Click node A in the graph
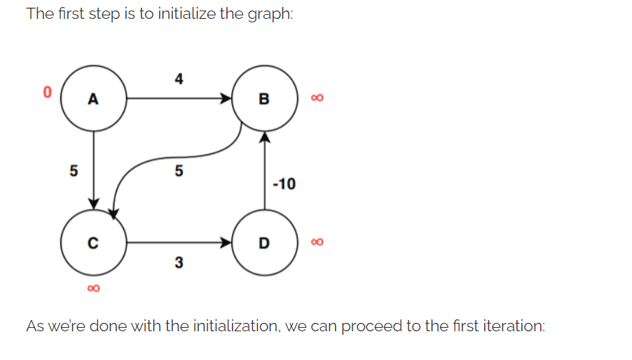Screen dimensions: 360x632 point(93,99)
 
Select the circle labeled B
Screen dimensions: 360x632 point(263,99)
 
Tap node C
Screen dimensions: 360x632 point(93,243)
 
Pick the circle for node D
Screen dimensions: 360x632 point(263,243)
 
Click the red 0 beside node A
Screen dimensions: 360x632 point(47,92)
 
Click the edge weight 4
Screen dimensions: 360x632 point(179,80)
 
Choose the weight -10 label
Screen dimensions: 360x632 point(284,184)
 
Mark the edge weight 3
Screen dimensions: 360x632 point(179,263)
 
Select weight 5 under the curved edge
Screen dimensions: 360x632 point(179,170)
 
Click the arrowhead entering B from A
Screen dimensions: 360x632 point(226,99)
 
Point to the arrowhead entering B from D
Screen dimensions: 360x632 point(263,138)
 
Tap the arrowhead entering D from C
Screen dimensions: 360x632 point(226,243)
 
